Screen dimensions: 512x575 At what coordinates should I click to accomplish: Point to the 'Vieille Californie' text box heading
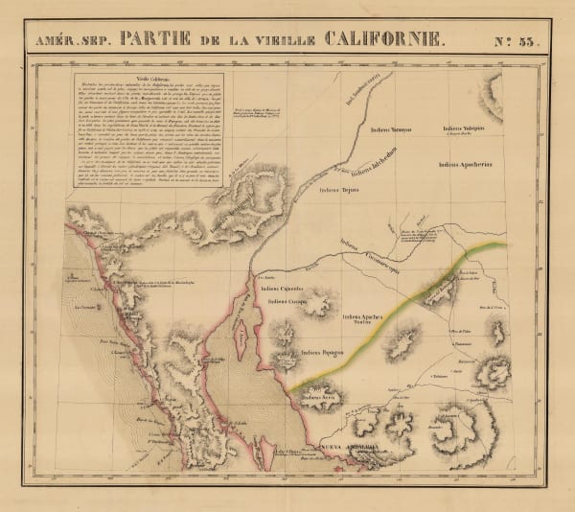(x=149, y=81)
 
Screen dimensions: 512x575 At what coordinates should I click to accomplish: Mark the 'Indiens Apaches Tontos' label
(x=367, y=318)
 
